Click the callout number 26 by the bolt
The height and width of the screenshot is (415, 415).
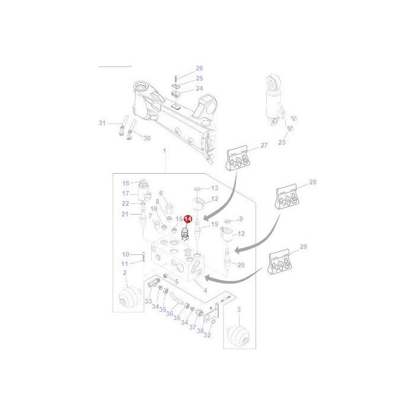pyautogui.click(x=199, y=68)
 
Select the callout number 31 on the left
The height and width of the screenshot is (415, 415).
pyautogui.click(x=102, y=123)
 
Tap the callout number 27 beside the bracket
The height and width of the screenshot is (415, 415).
pyautogui.click(x=264, y=145)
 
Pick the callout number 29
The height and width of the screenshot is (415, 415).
pyautogui.click(x=304, y=246)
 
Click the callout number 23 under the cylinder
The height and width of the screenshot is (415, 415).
pyautogui.click(x=282, y=142)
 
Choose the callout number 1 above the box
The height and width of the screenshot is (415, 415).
pyautogui.click(x=164, y=152)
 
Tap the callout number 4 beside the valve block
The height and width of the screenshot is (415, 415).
pyautogui.click(x=205, y=290)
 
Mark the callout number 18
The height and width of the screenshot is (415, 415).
pyautogui.click(x=126, y=183)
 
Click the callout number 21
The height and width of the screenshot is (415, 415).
pyautogui.click(x=125, y=214)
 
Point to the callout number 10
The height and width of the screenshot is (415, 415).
pyautogui.click(x=125, y=254)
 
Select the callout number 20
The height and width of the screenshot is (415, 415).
pyautogui.click(x=241, y=264)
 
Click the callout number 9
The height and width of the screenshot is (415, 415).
pyautogui.click(x=241, y=219)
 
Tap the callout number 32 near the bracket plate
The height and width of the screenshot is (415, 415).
pyautogui.click(x=207, y=336)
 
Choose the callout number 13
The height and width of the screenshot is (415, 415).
pyautogui.click(x=215, y=187)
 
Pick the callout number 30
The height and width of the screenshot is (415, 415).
pyautogui.click(x=147, y=138)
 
